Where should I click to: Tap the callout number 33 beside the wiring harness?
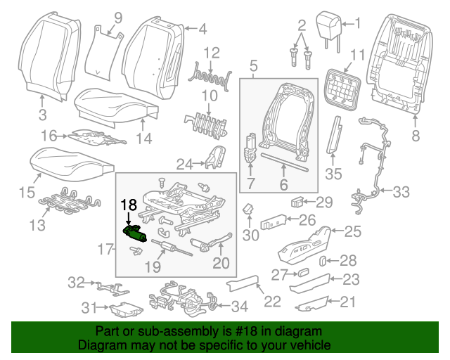click(x=400, y=191)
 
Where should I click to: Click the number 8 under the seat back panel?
click(x=414, y=135)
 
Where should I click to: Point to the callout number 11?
click(x=357, y=54)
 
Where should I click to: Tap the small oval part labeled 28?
click(x=323, y=262)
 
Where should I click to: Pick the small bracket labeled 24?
click(x=212, y=159)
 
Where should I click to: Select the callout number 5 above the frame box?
click(x=253, y=66)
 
